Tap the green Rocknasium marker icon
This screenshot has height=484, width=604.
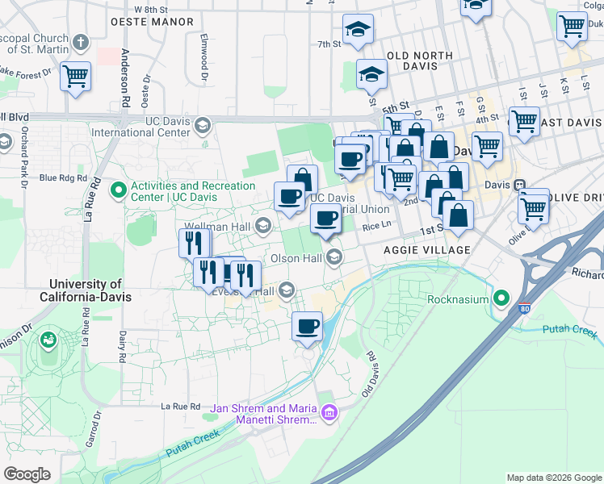pos(502,299)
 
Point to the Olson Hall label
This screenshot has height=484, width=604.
pos(296,258)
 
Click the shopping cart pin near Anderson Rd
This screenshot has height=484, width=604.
pos(75,77)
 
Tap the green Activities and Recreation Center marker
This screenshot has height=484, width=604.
pos(119,191)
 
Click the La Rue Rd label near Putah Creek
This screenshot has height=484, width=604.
pos(180,407)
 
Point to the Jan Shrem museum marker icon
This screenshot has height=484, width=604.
pos(328,415)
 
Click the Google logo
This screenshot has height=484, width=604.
pos(27,474)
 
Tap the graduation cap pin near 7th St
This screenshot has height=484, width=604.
pos(358,31)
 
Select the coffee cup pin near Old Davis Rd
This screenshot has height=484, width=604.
pos(307,327)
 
